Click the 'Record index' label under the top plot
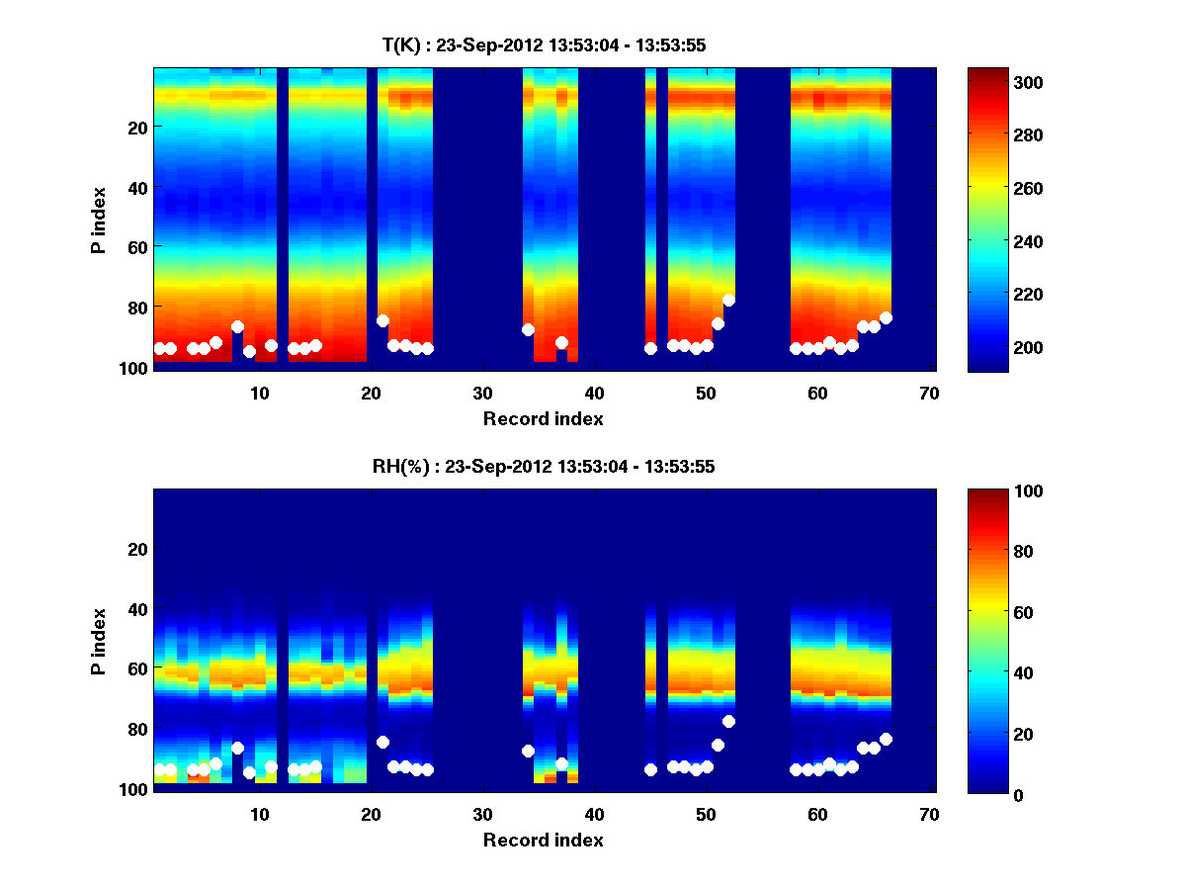pyautogui.click(x=543, y=418)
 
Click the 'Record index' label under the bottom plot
pyautogui.click(x=543, y=840)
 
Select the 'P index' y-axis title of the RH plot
pyautogui.click(x=99, y=641)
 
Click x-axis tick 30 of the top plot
pyautogui.click(x=482, y=392)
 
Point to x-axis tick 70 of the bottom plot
pyautogui.click(x=928, y=813)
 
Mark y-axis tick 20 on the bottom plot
pyautogui.click(x=135, y=549)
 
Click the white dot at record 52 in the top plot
pyautogui.click(x=728, y=300)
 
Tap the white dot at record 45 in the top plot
pyautogui.click(x=650, y=348)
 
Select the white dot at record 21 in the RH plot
pyautogui.click(x=382, y=742)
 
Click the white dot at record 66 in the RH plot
pyautogui.click(x=886, y=739)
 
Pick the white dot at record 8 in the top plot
pyautogui.click(x=237, y=326)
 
